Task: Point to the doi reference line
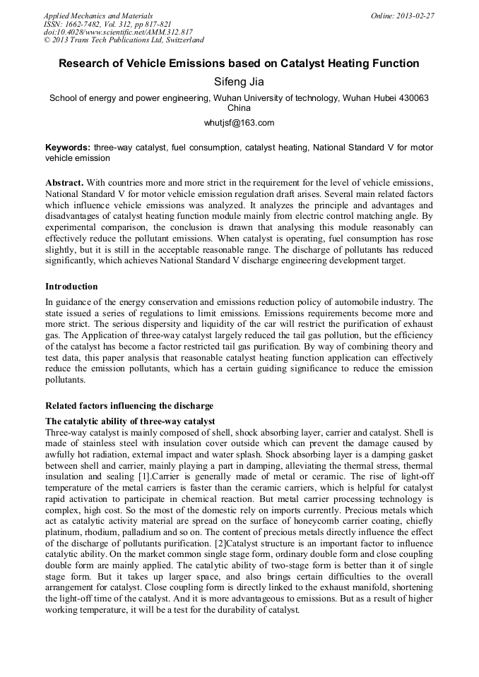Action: click(x=118, y=32)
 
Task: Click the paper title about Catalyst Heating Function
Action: click(x=239, y=64)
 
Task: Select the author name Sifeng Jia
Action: click(x=239, y=82)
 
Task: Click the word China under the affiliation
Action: click(x=239, y=109)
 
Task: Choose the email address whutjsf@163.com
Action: click(x=239, y=123)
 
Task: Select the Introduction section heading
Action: click(x=71, y=287)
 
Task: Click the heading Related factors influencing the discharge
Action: click(x=129, y=406)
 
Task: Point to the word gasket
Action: click(x=420, y=455)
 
